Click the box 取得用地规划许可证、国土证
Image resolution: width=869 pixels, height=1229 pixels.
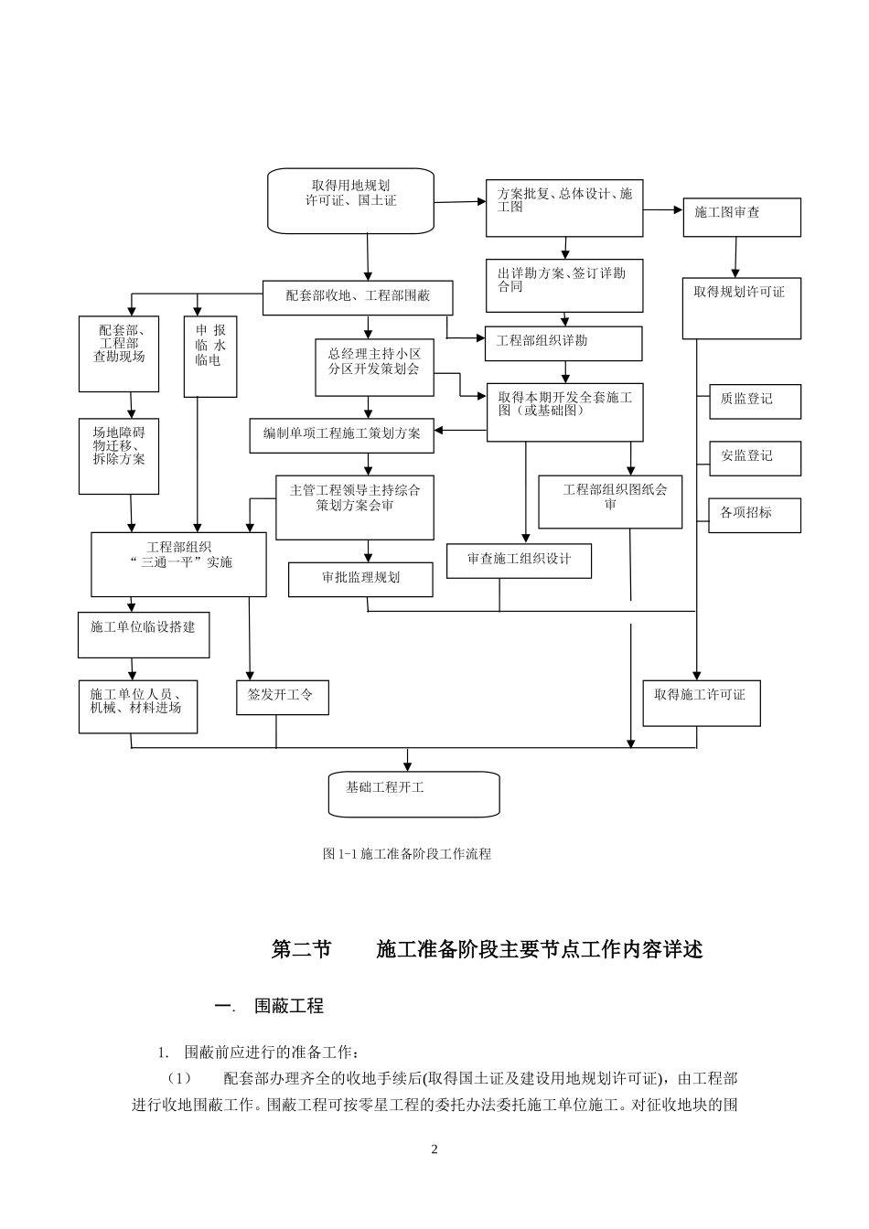click(x=350, y=200)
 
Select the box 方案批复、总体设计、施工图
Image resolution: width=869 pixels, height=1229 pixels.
click(x=563, y=208)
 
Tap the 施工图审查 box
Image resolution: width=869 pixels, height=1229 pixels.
click(x=741, y=218)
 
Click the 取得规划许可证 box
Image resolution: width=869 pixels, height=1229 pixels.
click(x=741, y=308)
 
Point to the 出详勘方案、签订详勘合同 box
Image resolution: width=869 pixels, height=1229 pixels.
click(x=563, y=285)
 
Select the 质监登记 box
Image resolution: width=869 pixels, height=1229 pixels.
click(x=755, y=401)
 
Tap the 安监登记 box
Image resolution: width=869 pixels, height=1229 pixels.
click(x=755, y=457)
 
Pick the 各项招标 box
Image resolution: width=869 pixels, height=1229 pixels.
click(x=755, y=515)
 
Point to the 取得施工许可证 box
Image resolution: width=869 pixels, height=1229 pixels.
click(x=701, y=702)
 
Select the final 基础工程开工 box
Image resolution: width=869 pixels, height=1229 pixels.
click(x=413, y=794)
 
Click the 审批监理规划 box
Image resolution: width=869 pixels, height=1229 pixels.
click(x=360, y=579)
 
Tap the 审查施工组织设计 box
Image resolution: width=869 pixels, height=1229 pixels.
click(x=519, y=561)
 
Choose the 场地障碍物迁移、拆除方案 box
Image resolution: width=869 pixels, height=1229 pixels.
click(x=119, y=455)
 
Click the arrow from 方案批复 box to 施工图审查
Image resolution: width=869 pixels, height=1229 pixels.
click(x=662, y=209)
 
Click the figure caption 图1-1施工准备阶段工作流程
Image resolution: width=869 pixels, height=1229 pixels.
click(x=407, y=854)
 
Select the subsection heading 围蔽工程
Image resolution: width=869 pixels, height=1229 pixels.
click(x=288, y=1006)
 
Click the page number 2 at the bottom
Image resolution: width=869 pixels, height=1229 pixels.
click(x=434, y=1149)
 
